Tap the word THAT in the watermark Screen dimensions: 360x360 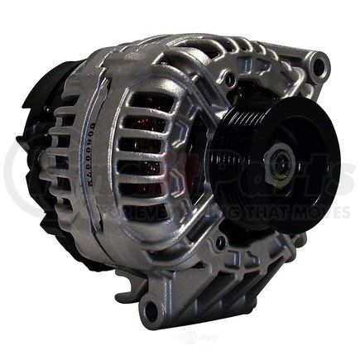click(x=257, y=213)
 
